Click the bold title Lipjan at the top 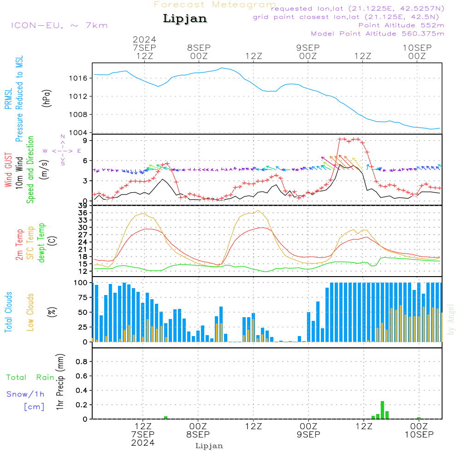[185, 19]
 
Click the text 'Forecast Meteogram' [215, 5]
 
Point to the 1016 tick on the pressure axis [79, 78]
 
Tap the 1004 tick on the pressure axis [79, 132]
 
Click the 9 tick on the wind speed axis [85, 140]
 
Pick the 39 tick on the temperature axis [83, 206]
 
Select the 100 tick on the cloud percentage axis [81, 283]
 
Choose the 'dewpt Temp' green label [42, 243]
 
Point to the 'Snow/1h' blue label [25, 394]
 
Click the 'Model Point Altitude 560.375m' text [378, 34]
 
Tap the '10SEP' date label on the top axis [417, 48]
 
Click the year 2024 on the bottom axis [143, 443]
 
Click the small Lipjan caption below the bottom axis [209, 446]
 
